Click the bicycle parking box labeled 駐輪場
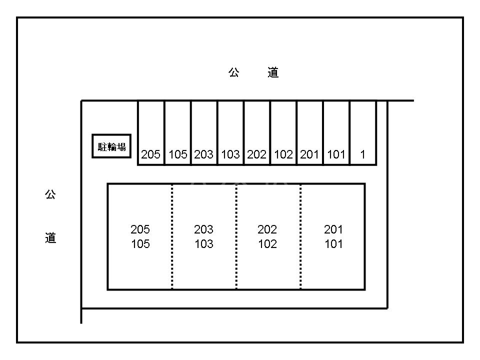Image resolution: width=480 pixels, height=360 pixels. pos(111,146)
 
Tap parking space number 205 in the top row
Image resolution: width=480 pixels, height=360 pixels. pos(151,133)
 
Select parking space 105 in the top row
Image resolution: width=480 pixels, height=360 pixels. pos(177,133)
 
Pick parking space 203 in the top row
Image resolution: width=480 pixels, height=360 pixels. pos(204,133)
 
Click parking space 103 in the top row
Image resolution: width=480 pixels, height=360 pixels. pos(230,133)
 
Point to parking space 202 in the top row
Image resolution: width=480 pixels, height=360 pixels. pos(257,133)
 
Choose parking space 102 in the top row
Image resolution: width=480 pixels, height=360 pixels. pos(283,133)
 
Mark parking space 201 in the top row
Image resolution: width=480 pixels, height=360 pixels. pos(310,133)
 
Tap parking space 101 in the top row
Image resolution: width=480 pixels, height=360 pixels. pos(336,133)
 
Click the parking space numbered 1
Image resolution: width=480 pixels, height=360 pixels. pos(363,133)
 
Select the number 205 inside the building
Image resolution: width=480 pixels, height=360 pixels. pos(140,229)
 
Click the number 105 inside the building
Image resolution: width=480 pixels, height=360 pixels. pos(140,244)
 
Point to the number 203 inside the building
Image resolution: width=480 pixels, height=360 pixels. pos(203,229)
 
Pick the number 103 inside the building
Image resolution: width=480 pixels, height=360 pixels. pos(203,244)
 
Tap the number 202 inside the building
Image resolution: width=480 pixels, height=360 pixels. pos(267,229)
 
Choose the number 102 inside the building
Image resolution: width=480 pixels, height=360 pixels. pos(267,244)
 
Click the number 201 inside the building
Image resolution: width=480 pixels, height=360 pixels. pos(333,229)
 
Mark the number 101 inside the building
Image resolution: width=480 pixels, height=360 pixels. pos(333,244)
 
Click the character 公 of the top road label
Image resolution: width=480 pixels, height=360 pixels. pos(234,73)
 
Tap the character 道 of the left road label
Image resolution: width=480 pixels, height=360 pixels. pos(50,238)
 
